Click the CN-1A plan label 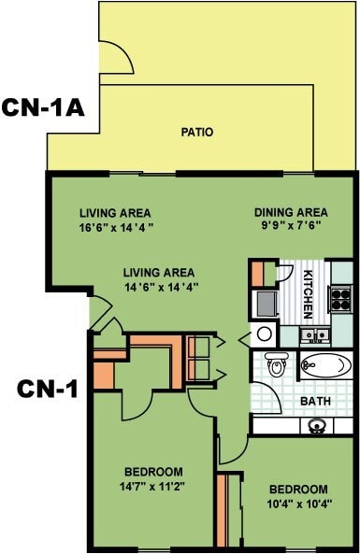tap(43, 107)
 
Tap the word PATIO tap(196, 132)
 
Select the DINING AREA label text tap(291, 212)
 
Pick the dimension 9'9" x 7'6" tap(291, 226)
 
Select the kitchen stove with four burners tap(341, 300)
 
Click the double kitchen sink tap(312, 334)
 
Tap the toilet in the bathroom tap(275, 363)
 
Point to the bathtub tap(328, 365)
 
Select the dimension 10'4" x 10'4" tap(298, 504)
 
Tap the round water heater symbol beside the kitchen tap(264, 334)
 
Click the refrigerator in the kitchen tap(266, 302)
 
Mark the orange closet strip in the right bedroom tap(223, 510)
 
